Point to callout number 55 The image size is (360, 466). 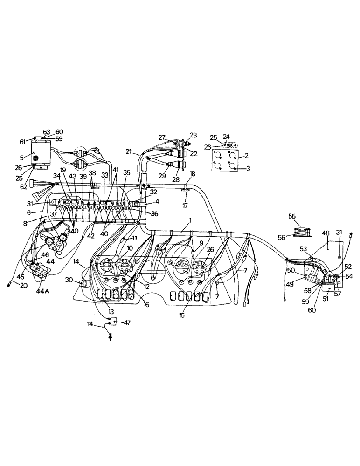(x=292, y=216)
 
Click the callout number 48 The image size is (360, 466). (x=325, y=233)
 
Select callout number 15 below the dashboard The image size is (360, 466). (x=182, y=315)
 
